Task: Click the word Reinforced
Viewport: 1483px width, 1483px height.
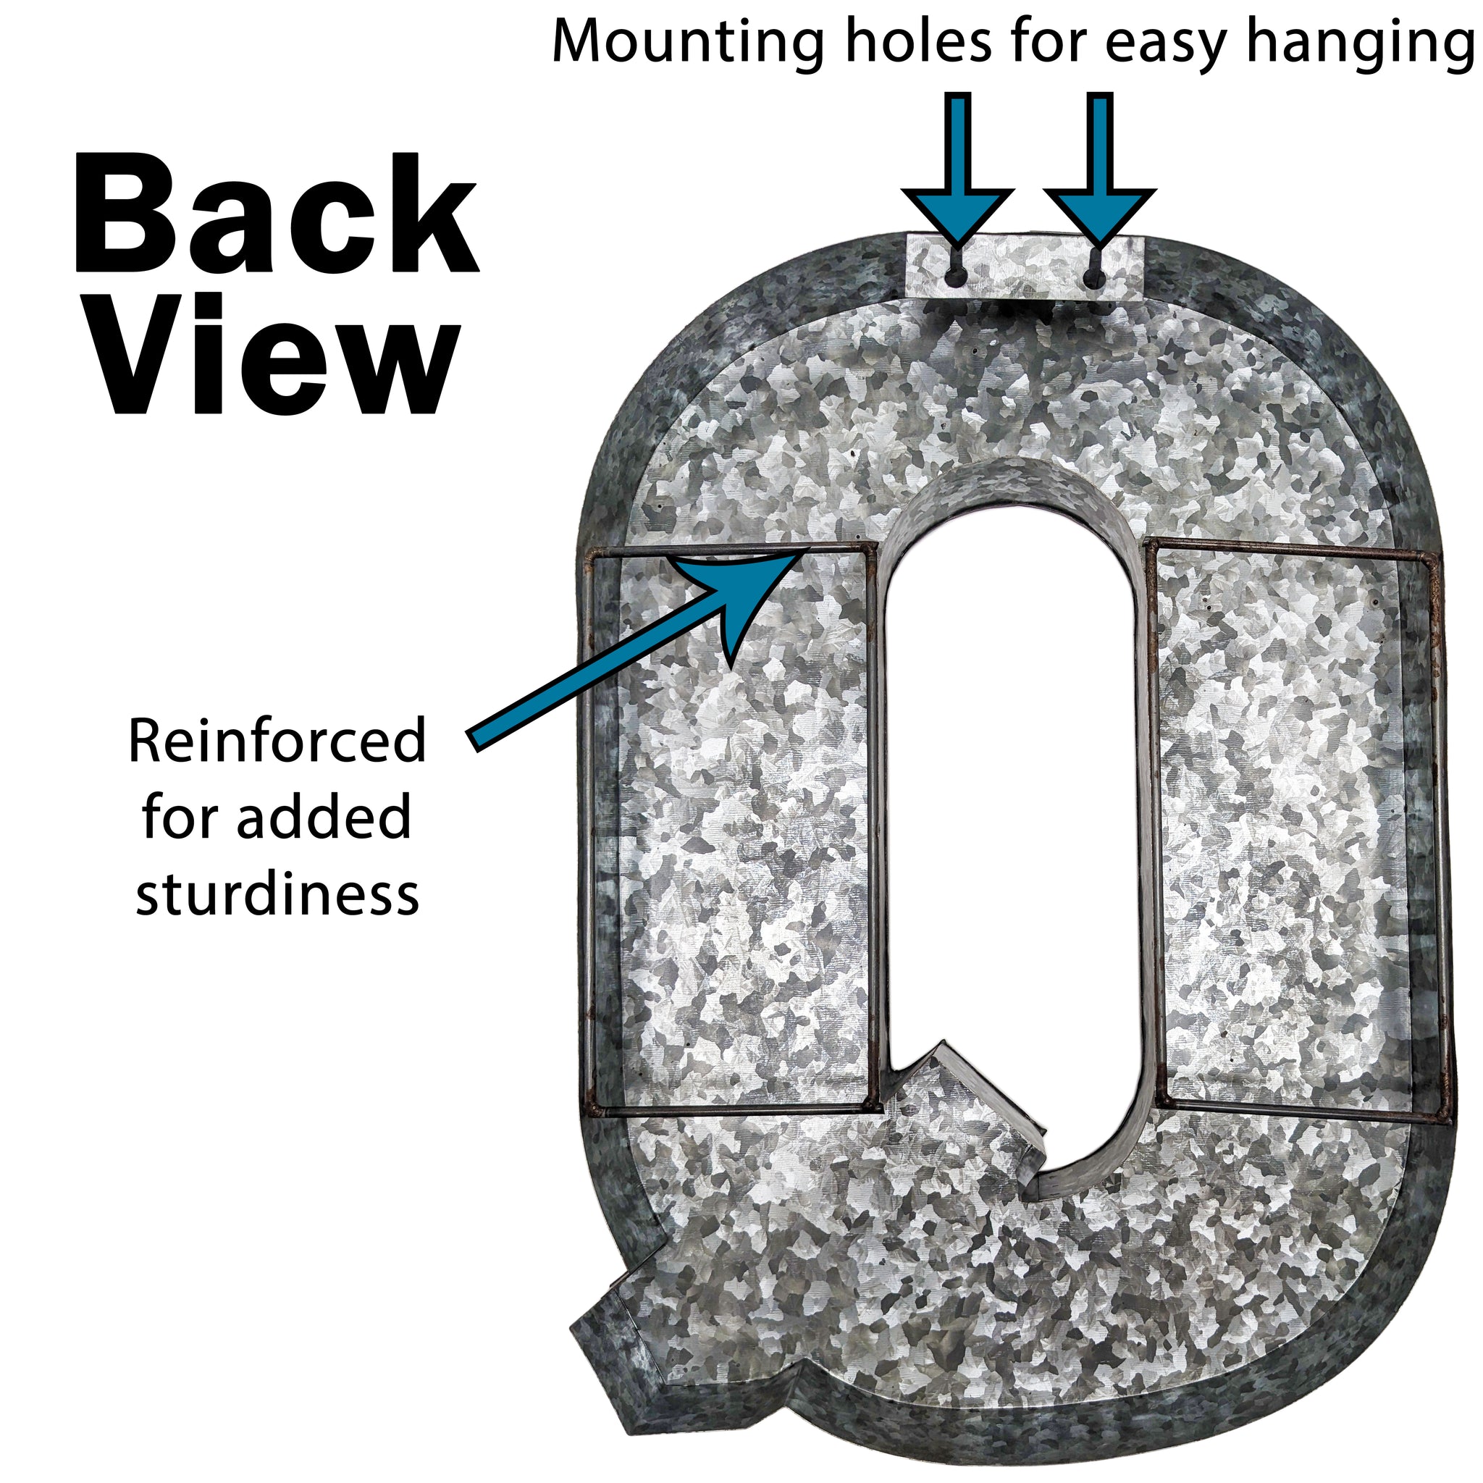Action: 277,741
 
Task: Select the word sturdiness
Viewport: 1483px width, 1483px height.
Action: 277,895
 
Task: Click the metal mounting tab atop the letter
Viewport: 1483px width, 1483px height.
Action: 1025,265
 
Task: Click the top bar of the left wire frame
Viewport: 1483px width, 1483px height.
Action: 729,548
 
